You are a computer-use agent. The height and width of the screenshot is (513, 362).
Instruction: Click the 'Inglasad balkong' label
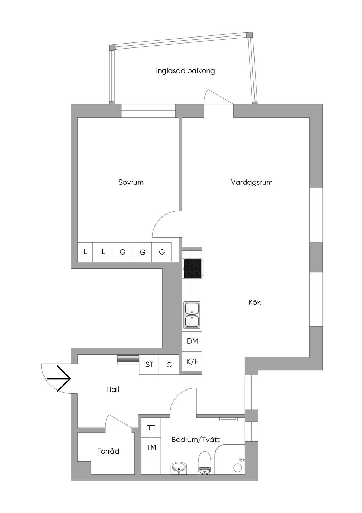(x=185, y=71)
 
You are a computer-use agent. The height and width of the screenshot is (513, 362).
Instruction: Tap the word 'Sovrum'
(x=131, y=182)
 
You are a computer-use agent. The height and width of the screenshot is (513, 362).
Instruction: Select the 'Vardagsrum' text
(x=252, y=182)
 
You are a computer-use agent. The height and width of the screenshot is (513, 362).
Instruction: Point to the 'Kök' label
(x=255, y=302)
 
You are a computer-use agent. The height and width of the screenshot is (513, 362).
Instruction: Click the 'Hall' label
(x=113, y=389)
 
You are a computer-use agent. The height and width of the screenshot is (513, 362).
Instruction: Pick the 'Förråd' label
(x=108, y=451)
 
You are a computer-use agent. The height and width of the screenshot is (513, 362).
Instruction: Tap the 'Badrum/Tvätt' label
(x=195, y=440)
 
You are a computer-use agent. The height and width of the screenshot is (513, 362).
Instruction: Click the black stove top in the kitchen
(x=192, y=269)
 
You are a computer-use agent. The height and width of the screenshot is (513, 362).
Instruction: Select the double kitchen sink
(x=192, y=315)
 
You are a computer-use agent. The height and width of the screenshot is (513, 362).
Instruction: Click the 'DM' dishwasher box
(x=192, y=341)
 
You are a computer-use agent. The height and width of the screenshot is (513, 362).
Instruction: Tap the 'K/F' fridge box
(x=192, y=361)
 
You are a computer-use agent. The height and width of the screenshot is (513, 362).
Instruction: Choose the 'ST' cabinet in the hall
(x=149, y=364)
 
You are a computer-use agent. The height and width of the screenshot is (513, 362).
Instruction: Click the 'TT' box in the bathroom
(x=151, y=428)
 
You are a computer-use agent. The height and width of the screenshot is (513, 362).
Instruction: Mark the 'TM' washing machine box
(x=151, y=448)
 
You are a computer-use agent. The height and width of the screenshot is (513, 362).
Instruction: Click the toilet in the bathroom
(x=205, y=462)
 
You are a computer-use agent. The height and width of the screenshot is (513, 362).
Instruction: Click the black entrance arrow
(x=59, y=378)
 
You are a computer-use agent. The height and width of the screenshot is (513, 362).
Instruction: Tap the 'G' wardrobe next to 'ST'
(x=169, y=364)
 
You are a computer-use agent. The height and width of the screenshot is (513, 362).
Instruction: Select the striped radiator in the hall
(x=128, y=359)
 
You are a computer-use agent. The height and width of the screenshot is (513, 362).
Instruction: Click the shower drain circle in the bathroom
(x=238, y=468)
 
